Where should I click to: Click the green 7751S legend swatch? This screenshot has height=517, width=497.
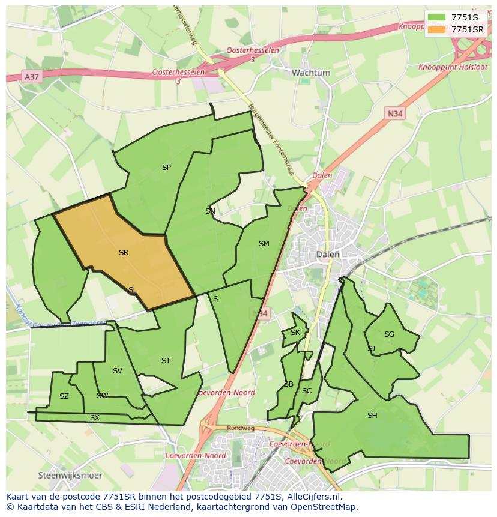coord(437,17)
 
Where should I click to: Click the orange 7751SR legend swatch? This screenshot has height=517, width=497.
coord(437,29)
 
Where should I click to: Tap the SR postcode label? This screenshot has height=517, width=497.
coord(124,253)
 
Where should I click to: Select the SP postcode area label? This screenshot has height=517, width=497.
coord(166,168)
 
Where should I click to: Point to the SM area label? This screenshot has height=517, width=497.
coord(264,243)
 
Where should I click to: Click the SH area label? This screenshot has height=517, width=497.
coord(372,415)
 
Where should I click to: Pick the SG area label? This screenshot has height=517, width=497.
coord(389,334)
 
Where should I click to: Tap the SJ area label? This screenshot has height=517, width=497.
coord(371,349)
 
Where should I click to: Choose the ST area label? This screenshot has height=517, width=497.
coord(166,361)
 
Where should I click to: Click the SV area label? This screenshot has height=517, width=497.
coord(117,371)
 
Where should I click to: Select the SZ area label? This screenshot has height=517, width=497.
coord(64,396)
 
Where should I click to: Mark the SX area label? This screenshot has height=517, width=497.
coord(95,417)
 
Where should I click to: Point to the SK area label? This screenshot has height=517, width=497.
coord(295,333)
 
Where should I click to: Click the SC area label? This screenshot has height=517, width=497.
coord(307,391)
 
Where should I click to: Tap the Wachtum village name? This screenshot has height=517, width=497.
coord(311,73)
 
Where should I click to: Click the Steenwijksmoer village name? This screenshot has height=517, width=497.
coord(70,475)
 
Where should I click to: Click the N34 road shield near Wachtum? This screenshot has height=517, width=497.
coord(394,113)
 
